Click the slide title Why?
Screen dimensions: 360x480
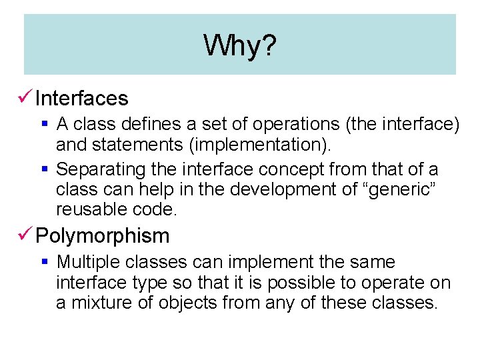pyautogui.click(x=240, y=46)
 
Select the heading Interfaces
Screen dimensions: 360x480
pyautogui.click(x=81, y=99)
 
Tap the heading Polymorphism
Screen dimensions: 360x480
pyautogui.click(x=102, y=236)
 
